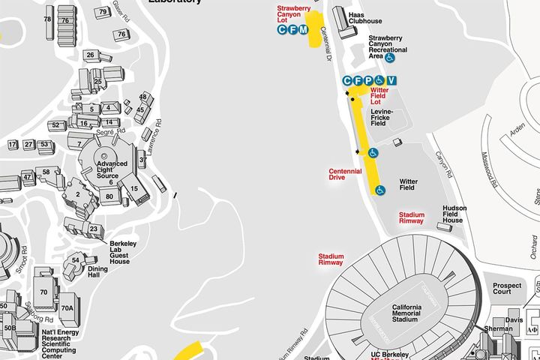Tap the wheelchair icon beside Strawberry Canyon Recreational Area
point(391,57)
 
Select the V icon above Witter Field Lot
point(391,80)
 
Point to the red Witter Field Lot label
point(380,95)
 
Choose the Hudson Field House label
point(454,214)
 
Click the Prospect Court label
point(507,289)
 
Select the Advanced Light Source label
point(111,168)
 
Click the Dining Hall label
point(98,272)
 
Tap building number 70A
point(67,308)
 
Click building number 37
point(142,159)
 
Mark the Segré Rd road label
point(102,131)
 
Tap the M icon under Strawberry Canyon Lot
point(303,29)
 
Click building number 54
point(76,259)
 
